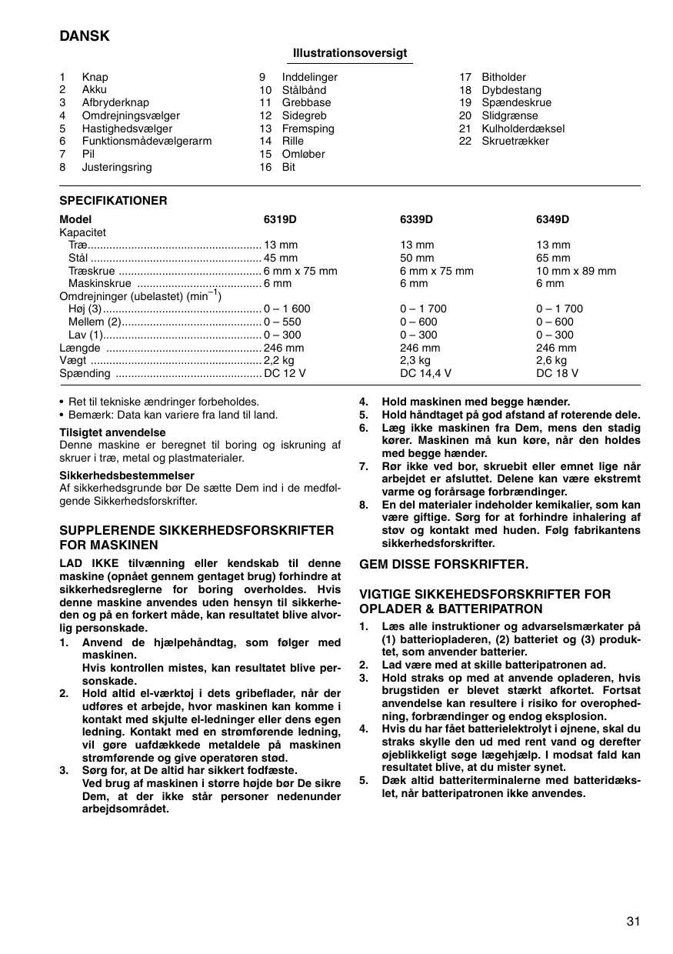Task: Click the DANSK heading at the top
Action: (85, 36)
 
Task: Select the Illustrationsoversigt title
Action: (350, 53)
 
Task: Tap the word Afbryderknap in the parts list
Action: (115, 102)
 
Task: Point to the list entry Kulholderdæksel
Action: (523, 128)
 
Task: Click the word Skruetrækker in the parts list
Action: (515, 141)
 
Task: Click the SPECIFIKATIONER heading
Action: (113, 201)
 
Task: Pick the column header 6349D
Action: (552, 219)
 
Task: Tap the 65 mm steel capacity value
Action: (553, 259)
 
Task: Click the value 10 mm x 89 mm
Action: (575, 271)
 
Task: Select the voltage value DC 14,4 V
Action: (425, 373)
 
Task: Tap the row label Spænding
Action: (85, 373)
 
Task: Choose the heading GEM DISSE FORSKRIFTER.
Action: (444, 564)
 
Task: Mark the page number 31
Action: (633, 920)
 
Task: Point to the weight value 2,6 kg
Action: (551, 360)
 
